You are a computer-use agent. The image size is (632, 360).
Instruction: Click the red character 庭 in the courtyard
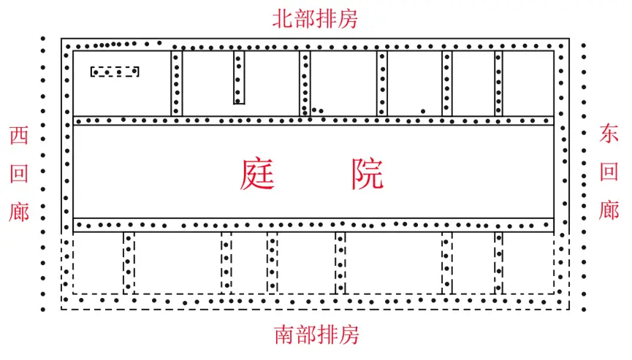click(x=258, y=175)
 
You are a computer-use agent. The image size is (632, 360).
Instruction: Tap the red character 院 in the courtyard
click(x=368, y=174)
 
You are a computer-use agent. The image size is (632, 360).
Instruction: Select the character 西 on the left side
click(x=19, y=135)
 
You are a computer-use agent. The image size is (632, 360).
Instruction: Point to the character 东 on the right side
click(x=609, y=134)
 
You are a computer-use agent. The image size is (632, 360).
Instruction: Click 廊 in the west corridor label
click(x=19, y=212)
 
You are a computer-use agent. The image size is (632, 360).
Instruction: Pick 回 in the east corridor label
click(x=609, y=172)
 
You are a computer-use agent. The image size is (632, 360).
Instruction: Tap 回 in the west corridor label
click(x=19, y=174)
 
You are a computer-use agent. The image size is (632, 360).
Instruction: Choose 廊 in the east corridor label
click(x=609, y=210)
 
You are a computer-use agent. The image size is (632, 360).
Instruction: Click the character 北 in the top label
click(x=283, y=19)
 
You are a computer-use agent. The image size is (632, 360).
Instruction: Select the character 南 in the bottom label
click(x=284, y=335)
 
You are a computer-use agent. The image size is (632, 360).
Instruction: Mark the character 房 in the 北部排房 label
click(x=348, y=19)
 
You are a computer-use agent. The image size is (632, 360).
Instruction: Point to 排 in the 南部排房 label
click(x=327, y=335)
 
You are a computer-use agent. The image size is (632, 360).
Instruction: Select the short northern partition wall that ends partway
click(x=239, y=77)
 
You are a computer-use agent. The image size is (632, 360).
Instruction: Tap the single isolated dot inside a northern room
click(x=423, y=111)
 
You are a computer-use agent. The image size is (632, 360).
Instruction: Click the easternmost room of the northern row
click(x=528, y=83)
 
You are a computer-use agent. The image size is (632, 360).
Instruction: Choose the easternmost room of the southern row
click(x=528, y=263)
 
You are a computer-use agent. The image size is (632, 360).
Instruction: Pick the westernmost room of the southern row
click(x=99, y=263)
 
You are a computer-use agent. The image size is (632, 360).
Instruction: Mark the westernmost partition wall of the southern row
click(x=129, y=263)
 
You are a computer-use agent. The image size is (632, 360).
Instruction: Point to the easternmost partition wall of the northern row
click(x=498, y=83)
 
